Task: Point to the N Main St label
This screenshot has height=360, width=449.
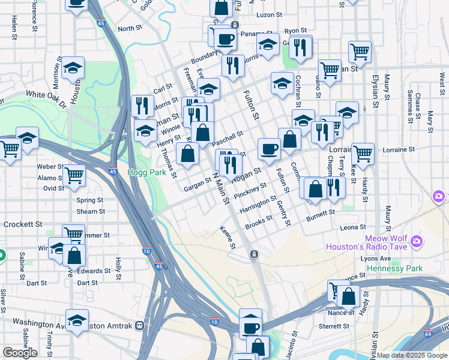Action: click(x=220, y=187)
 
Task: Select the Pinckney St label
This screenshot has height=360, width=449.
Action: click(x=250, y=193)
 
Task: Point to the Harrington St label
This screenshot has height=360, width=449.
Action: click(x=258, y=206)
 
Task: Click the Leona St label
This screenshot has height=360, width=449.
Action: click(x=352, y=227)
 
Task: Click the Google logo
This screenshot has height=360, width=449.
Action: click(x=20, y=353)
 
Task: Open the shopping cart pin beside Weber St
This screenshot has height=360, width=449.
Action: click(x=74, y=176)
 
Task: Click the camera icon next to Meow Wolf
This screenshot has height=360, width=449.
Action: click(x=417, y=242)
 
